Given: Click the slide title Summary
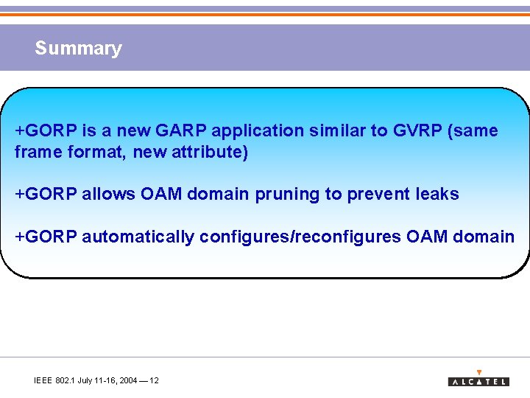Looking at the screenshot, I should [x=78, y=49].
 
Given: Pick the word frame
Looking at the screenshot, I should [x=35, y=153].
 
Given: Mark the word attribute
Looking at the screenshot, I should [x=209, y=153].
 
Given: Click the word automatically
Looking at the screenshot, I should [x=138, y=237].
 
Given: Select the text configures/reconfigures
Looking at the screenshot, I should [x=300, y=237].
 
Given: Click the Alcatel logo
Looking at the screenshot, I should [x=478, y=382].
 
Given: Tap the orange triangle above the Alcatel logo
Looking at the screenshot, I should [x=479, y=372].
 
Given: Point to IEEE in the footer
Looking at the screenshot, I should [x=43, y=380].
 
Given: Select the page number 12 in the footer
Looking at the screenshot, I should [x=154, y=380].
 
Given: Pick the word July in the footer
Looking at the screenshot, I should [x=86, y=380].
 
